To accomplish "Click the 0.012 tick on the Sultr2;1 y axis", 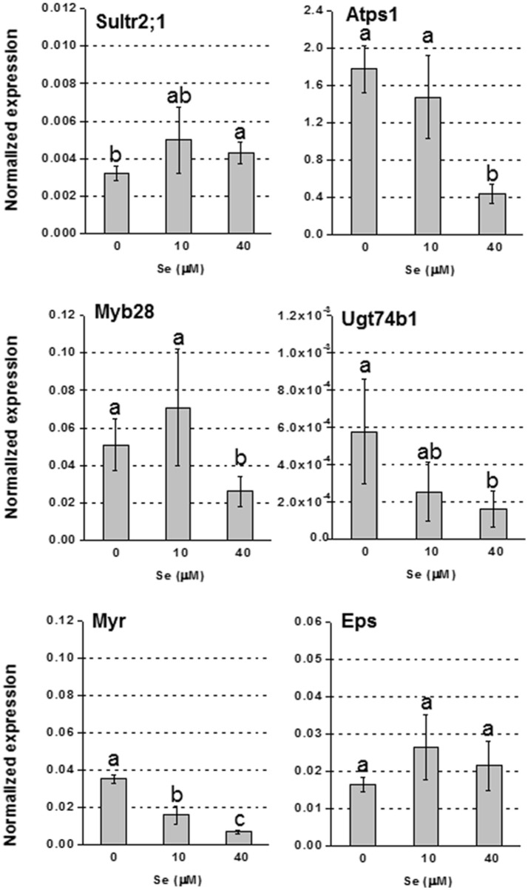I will coord(56,8).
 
